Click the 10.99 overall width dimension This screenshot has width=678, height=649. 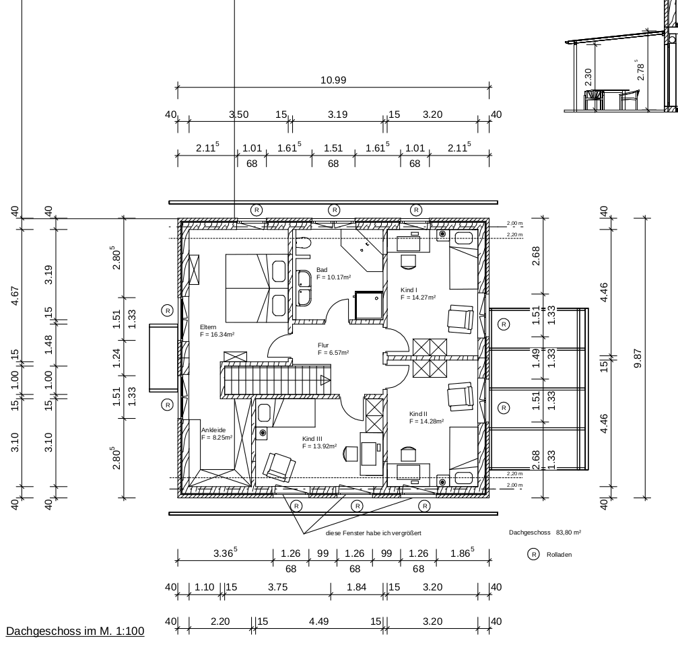pyautogui.click(x=333, y=80)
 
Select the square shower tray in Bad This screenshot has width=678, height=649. pyautogui.click(x=369, y=305)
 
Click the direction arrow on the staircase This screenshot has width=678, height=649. pyautogui.click(x=325, y=380)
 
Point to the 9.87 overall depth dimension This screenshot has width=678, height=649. pyautogui.click(x=638, y=358)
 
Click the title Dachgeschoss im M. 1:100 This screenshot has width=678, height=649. pyautogui.click(x=75, y=631)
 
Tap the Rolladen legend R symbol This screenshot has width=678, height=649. pyautogui.click(x=533, y=554)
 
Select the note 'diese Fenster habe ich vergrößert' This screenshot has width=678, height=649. pyautogui.click(x=374, y=533)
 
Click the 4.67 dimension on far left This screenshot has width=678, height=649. pyautogui.click(x=15, y=296)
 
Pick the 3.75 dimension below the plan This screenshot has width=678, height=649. pyautogui.click(x=277, y=587)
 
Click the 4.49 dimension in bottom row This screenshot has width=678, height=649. pyautogui.click(x=318, y=621)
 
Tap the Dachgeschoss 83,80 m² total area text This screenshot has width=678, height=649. pyautogui.click(x=545, y=533)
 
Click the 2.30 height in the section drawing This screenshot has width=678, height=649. pyautogui.click(x=588, y=77)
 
